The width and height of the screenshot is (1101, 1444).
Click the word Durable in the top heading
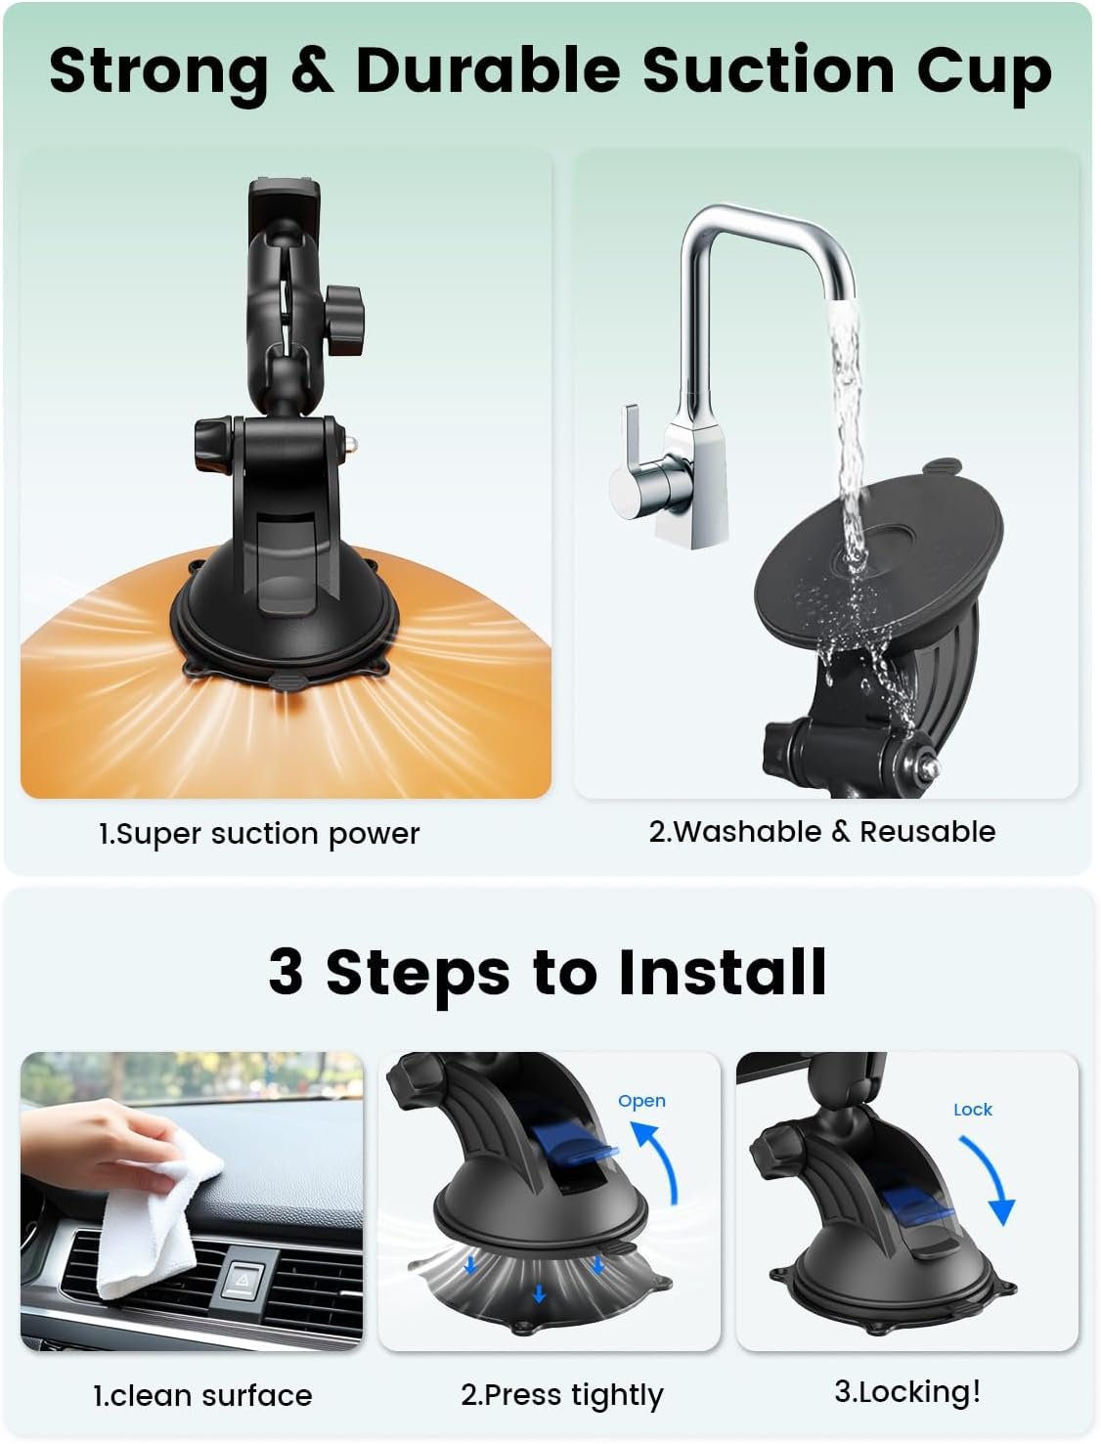(x=488, y=70)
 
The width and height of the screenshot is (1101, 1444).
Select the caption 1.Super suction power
(x=259, y=835)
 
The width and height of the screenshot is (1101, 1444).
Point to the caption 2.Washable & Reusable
(x=822, y=832)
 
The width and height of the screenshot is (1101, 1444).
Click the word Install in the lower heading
(x=723, y=972)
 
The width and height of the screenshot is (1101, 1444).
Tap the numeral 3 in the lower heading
(x=286, y=972)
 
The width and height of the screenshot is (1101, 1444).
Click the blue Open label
(x=641, y=1102)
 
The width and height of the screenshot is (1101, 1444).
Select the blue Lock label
(x=973, y=1110)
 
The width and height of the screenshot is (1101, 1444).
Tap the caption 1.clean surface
(x=202, y=1396)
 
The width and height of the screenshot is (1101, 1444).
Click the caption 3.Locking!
(x=907, y=1392)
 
